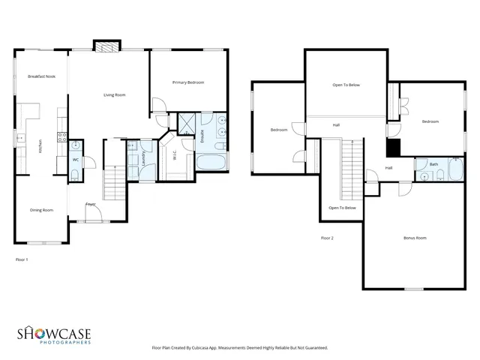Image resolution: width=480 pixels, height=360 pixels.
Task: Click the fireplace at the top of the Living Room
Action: point(106,46)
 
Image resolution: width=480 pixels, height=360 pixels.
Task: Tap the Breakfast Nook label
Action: point(42,76)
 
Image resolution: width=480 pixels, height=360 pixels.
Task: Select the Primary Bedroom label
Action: point(187,82)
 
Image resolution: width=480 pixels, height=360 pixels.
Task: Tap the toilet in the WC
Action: point(76,174)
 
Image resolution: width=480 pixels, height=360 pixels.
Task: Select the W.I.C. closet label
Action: point(173,155)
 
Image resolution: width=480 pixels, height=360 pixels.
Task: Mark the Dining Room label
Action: point(41,210)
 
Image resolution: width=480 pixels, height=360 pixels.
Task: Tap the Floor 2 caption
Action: point(327,238)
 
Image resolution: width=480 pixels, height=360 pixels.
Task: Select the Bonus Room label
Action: point(414,238)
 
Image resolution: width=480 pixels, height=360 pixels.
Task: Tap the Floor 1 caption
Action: point(22,259)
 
